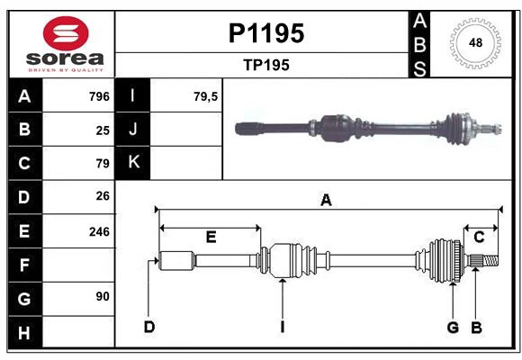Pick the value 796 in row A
pyautogui.click(x=99, y=96)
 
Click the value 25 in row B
pyautogui.click(x=103, y=130)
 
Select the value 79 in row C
pyautogui.click(x=103, y=163)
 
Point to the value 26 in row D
pyautogui.click(x=103, y=196)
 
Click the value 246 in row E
pyautogui.click(x=99, y=230)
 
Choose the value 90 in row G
pyautogui.click(x=103, y=297)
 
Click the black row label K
pyautogui.click(x=134, y=163)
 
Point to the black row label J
pyautogui.click(x=134, y=130)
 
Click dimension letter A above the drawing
pyautogui.click(x=326, y=201)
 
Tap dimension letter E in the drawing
pyautogui.click(x=211, y=238)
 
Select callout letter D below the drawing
pyautogui.click(x=148, y=327)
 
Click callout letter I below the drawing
pyautogui.click(x=282, y=327)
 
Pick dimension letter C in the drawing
pyautogui.click(x=480, y=237)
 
